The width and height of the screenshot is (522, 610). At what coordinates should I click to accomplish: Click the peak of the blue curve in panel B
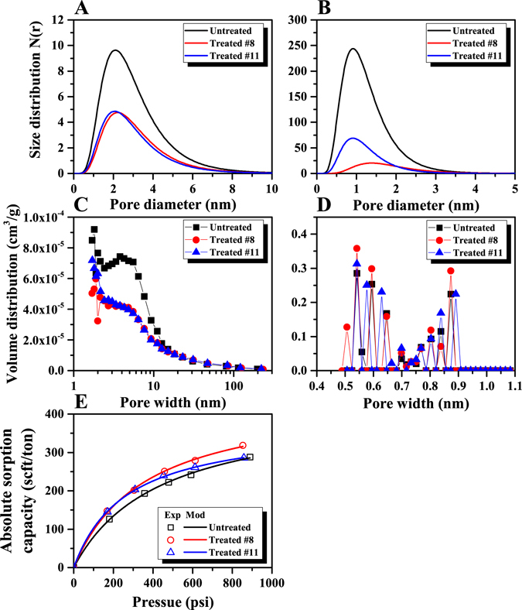353,139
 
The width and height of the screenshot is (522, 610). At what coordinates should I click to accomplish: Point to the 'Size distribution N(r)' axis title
36,97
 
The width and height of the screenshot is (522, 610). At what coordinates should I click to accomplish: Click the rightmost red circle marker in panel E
243,445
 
